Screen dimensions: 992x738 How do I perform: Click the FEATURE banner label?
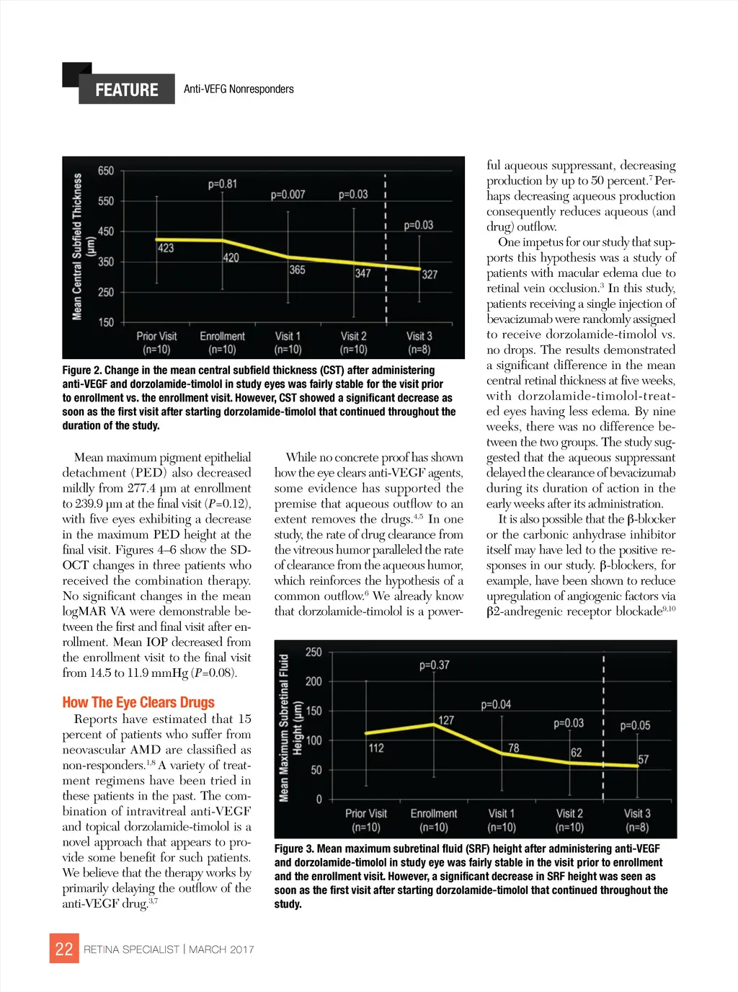[x=127, y=89]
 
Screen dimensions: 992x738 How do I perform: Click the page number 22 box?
[x=64, y=949]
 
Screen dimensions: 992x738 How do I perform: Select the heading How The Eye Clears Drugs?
[x=138, y=702]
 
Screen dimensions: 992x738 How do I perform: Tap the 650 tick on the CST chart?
[x=106, y=171]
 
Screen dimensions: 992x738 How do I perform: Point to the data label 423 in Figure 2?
[x=166, y=248]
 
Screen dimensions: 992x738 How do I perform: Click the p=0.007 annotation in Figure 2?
[x=288, y=195]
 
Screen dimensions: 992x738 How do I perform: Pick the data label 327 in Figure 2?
[x=430, y=275]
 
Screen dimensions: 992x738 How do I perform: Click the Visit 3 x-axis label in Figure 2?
[x=419, y=336]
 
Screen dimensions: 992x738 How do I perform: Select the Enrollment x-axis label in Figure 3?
[x=434, y=813]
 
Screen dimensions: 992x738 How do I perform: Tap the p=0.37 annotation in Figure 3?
[x=435, y=665]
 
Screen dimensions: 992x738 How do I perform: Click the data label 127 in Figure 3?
[x=446, y=720]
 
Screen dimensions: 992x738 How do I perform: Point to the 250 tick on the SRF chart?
[x=314, y=652]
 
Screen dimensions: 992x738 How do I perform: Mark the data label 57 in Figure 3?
[x=643, y=759]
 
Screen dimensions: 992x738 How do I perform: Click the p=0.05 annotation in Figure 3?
[x=635, y=725]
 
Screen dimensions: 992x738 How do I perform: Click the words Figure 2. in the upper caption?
[x=81, y=370]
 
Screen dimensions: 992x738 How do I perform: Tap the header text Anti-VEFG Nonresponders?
[x=239, y=89]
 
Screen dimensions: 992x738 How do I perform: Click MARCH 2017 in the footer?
[x=221, y=949]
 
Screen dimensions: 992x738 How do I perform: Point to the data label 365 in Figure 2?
[x=297, y=270]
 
